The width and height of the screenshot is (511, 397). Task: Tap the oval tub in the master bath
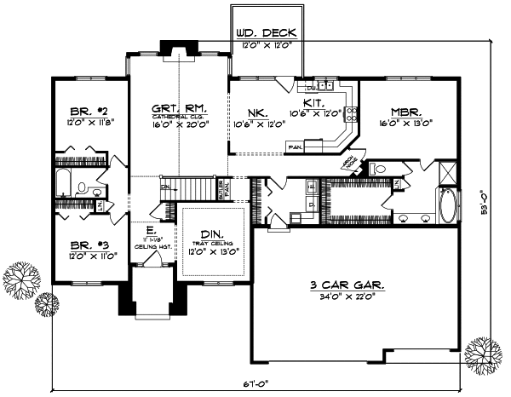pos(448,205)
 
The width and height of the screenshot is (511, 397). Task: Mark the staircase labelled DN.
pos(187,188)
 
